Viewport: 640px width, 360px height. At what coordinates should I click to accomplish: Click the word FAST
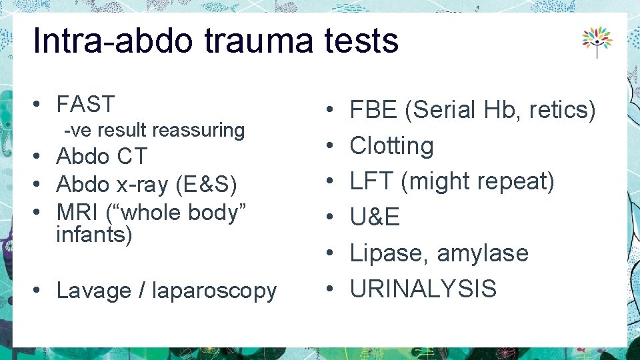tap(85, 105)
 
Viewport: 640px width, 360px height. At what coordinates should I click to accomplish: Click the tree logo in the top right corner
tap(597, 41)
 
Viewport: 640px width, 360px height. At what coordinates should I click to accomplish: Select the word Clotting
tap(391, 145)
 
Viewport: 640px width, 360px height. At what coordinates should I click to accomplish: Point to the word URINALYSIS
tap(423, 289)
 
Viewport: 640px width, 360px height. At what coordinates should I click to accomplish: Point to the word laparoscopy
tap(214, 291)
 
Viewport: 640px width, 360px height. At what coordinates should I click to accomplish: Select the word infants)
tap(95, 235)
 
